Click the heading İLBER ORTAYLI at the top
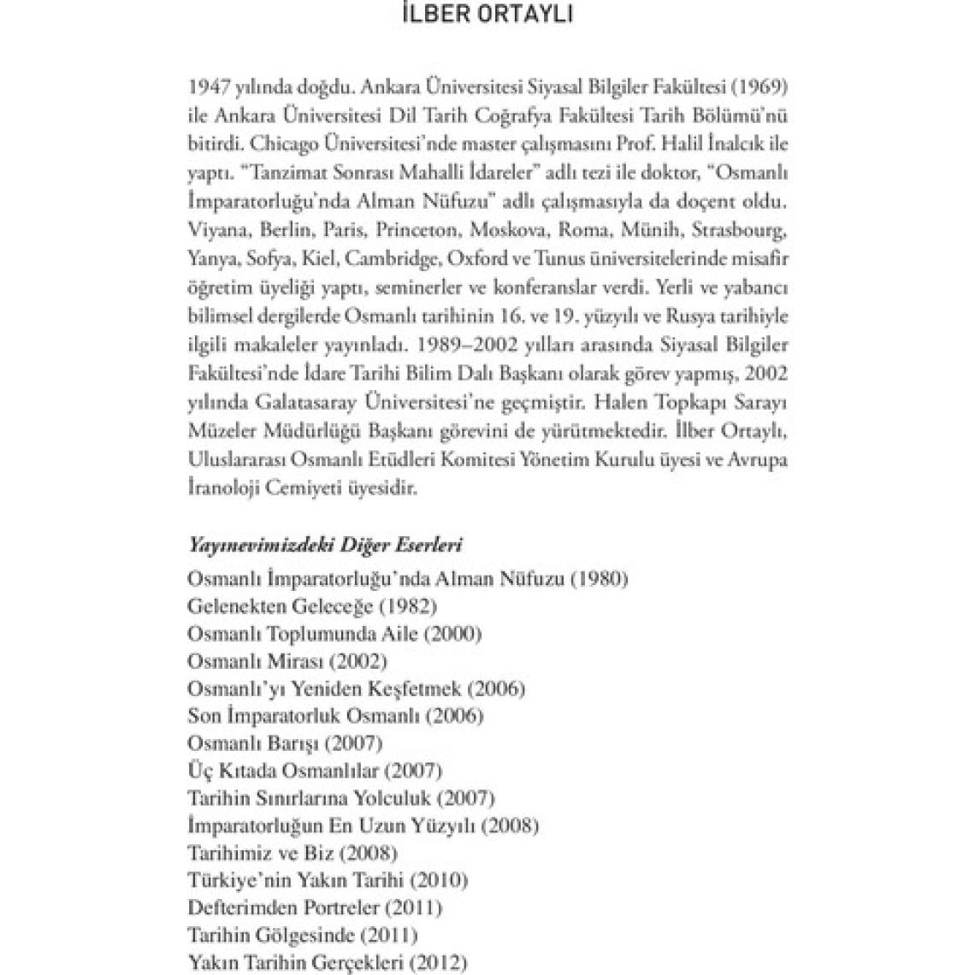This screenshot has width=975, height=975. pyautogui.click(x=487, y=18)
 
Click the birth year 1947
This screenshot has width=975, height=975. pyautogui.click(x=205, y=87)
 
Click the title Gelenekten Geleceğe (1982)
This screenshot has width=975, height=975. pyautogui.click(x=312, y=606)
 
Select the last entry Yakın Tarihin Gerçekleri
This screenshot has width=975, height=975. pyautogui.click(x=328, y=962)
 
